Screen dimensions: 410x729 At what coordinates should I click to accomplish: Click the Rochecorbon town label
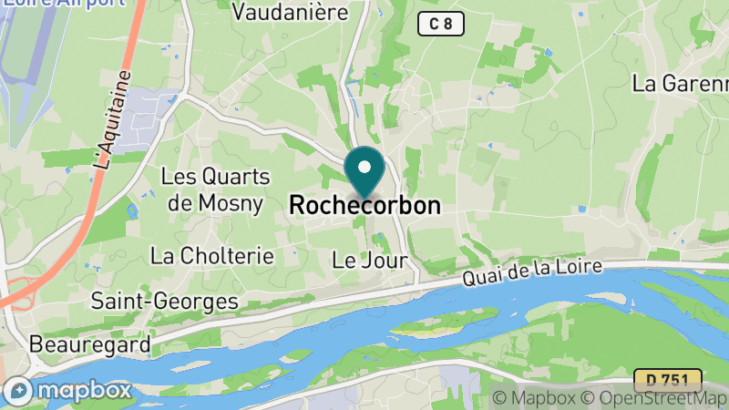(364, 206)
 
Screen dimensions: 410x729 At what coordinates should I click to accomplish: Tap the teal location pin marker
(364, 171)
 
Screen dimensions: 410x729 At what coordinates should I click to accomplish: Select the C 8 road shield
(441, 24)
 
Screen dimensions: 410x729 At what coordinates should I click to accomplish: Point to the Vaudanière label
(291, 13)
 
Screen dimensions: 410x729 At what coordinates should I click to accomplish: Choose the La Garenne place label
(680, 83)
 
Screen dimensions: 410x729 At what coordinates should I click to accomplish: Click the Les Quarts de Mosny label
(216, 189)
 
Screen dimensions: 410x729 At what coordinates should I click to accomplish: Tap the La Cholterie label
(212, 256)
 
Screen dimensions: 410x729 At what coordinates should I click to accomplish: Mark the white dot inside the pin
(364, 168)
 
